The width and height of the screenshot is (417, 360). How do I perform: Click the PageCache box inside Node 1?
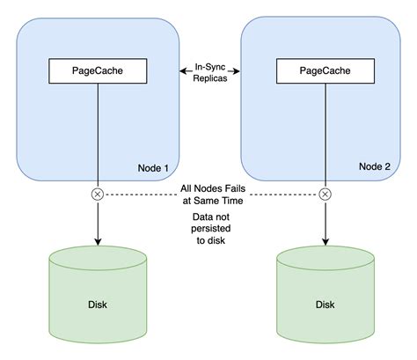[x=98, y=71]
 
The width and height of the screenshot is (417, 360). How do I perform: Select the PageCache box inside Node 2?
[x=326, y=71]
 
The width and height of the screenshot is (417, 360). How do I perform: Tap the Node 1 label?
[x=153, y=168]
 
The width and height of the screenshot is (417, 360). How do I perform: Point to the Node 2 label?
[x=375, y=166]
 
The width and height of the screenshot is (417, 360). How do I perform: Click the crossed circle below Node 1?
[x=98, y=195]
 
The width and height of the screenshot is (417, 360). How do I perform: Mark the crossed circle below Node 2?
[x=326, y=195]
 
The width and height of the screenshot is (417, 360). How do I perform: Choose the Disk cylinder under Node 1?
[x=98, y=294]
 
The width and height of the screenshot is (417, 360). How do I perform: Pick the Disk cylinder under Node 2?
[x=326, y=294]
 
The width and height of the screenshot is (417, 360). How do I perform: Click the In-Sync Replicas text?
[x=210, y=72]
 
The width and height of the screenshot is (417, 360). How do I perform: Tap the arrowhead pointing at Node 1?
[x=182, y=71]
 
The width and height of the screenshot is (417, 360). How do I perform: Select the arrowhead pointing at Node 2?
[x=237, y=71]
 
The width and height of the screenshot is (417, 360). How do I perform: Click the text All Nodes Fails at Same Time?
[x=213, y=195]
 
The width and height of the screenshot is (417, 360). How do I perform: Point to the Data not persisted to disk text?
[x=211, y=229]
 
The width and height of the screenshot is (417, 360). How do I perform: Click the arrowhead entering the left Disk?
[x=98, y=242]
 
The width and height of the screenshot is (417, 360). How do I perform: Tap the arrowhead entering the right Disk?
[x=326, y=242]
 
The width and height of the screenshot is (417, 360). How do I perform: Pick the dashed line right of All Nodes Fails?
[x=284, y=195]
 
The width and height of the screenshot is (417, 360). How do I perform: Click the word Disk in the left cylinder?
[x=98, y=305]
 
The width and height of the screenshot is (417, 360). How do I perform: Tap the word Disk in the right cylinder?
[x=326, y=305]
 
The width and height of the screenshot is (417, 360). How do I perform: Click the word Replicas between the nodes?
[x=210, y=78]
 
